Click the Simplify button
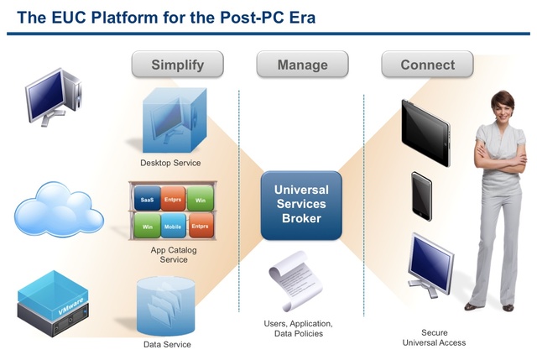point(178,65)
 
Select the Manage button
point(302,65)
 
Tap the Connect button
point(427,65)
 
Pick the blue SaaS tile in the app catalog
point(148,198)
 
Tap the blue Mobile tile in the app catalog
point(174,227)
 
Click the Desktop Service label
point(170,163)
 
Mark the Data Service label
point(167,345)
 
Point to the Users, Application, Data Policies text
point(299,328)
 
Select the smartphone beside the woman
point(422,196)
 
